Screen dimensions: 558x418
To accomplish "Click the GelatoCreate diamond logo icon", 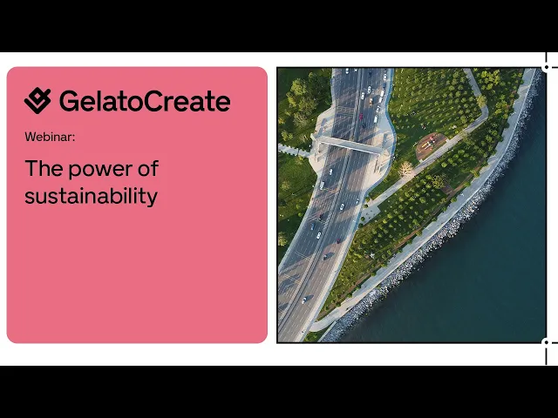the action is pos(37,101).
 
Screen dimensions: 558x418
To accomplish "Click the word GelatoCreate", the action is pos(145,101).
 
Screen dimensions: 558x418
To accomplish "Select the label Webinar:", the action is pos(50,137).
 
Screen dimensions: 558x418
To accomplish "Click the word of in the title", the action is pos(148,168).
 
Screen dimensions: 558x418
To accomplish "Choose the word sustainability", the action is pos(91,196).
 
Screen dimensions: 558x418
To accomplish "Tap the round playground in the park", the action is pos(431,145).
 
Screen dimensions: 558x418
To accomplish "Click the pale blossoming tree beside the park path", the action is pos(406,169).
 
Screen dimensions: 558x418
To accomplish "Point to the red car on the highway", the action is pos(360,116).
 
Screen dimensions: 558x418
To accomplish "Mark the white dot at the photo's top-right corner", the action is pos(547,67).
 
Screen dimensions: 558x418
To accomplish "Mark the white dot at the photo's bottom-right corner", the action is pos(547,342).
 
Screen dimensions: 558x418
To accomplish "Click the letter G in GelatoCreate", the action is pos(69,101).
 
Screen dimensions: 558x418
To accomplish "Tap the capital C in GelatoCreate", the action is pos(154,101).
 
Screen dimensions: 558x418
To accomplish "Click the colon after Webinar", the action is pos(73,138).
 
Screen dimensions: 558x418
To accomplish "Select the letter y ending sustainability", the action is pos(153,199).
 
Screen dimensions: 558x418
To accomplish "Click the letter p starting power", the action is pos(75,172).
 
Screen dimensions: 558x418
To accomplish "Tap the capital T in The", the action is pos(31,168).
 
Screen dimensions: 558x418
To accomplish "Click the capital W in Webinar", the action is pos(30,137).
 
